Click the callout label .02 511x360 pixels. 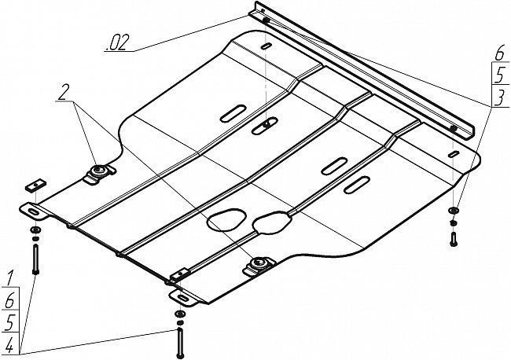pos(116,42)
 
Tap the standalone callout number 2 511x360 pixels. pos(63,92)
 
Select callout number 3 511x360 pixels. pos(499,97)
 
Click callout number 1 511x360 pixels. pos(9,278)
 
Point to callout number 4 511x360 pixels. pos(9,345)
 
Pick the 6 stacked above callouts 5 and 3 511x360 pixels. pos(499,53)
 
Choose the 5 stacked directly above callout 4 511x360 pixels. pos(9,322)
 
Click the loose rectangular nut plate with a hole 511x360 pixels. pos(36,185)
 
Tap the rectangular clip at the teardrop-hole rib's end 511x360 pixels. pos(181,274)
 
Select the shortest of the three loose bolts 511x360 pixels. pos(453,239)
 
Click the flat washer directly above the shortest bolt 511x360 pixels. pos(454,210)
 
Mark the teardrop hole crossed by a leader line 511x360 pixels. pos(226,219)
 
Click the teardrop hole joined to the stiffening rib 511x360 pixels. pos(270,222)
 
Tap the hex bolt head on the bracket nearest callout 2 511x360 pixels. pos(98,170)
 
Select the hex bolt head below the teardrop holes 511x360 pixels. pos(259,263)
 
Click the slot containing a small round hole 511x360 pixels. pos(265,126)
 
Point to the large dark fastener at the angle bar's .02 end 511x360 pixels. pos(266,20)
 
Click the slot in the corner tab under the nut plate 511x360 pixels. pos(34,212)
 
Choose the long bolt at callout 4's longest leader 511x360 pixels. pos(179,343)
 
